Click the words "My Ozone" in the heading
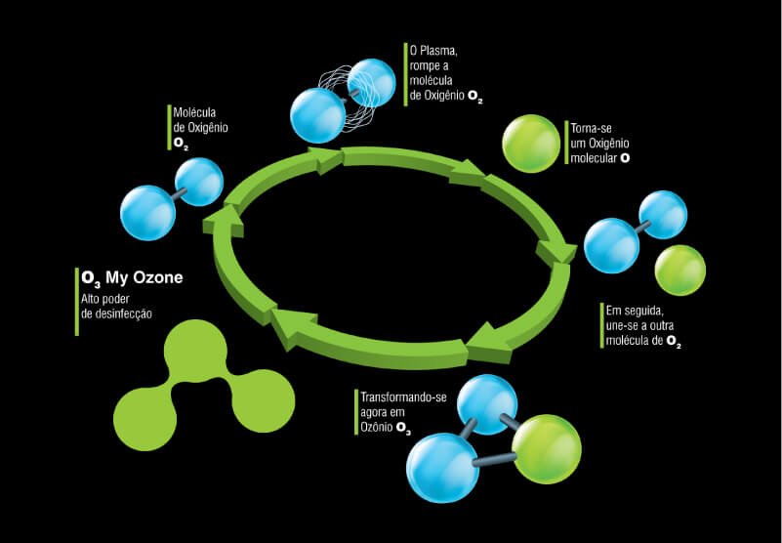(144, 278)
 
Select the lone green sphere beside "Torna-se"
(531, 145)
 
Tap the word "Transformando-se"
(403, 398)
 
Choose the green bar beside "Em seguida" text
(598, 325)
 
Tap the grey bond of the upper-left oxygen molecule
(175, 196)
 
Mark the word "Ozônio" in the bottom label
(376, 430)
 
